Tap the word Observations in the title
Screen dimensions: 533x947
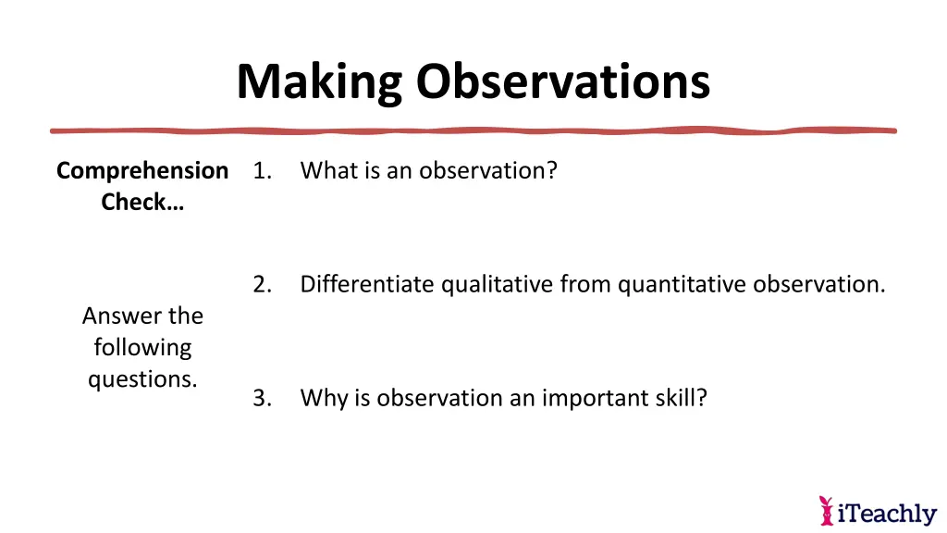pyautogui.click(x=562, y=81)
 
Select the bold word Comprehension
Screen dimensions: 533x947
pyautogui.click(x=142, y=171)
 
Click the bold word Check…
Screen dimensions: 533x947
pyautogui.click(x=142, y=203)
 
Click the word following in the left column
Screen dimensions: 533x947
pyautogui.click(x=142, y=348)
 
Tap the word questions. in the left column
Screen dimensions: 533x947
pyautogui.click(x=142, y=379)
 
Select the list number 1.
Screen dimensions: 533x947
pyautogui.click(x=261, y=171)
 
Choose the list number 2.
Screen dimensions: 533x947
pyautogui.click(x=261, y=284)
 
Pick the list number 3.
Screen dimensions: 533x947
pyautogui.click(x=261, y=398)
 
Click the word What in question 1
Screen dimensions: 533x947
pyautogui.click(x=326, y=171)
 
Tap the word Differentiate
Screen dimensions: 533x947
pyautogui.click(x=367, y=284)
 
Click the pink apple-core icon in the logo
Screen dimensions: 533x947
pyautogui.click(x=826, y=510)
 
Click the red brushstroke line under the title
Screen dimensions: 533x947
pyautogui.click(x=473, y=130)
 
